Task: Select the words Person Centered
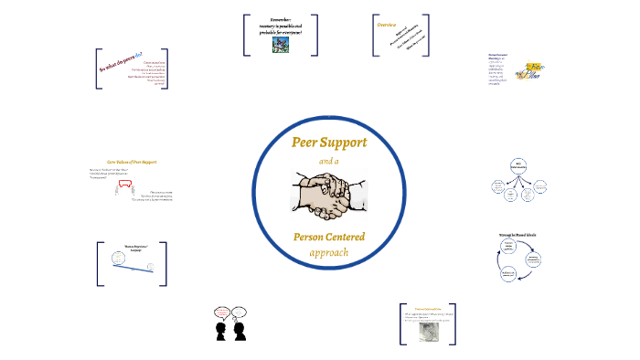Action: pyautogui.click(x=328, y=238)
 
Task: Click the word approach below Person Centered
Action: pyautogui.click(x=328, y=252)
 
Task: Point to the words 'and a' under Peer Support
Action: pyautogui.click(x=327, y=162)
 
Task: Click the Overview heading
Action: pyautogui.click(x=387, y=26)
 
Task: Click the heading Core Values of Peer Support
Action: pyautogui.click(x=132, y=162)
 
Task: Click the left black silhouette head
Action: pyautogui.click(x=220, y=331)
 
